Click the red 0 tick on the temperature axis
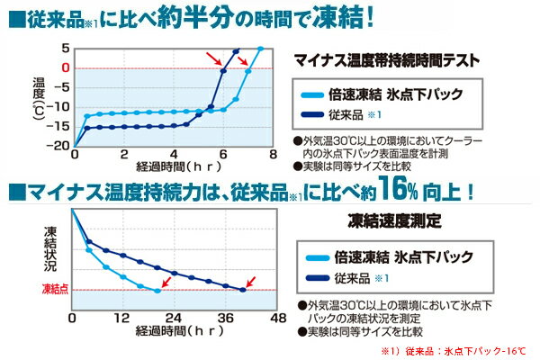pos(66,67)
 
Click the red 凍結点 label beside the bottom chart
pos(57,290)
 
